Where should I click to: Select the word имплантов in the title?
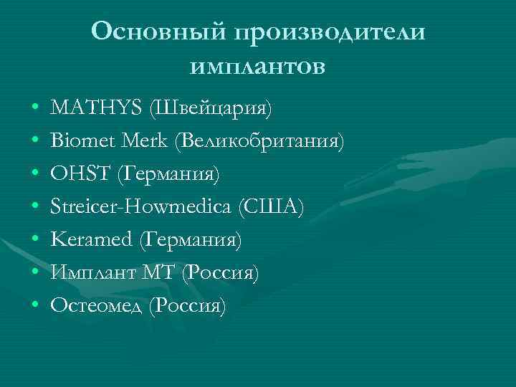coord(258,67)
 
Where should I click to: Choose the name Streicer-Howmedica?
coord(138,208)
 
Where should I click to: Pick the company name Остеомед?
coord(96,306)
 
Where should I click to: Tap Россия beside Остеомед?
coord(191,307)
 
